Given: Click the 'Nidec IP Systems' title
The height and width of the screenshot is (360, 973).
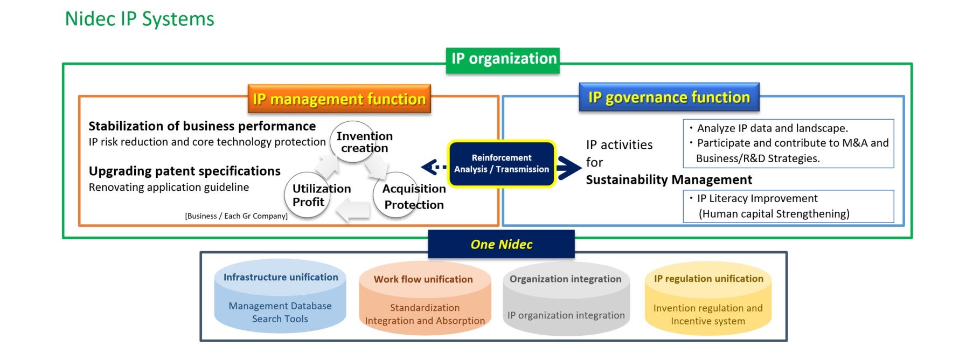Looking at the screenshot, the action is click(x=140, y=19).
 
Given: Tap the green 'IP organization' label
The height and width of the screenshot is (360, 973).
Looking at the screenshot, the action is click(x=503, y=60).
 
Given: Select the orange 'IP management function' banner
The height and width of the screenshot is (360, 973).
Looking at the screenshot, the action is click(x=339, y=99).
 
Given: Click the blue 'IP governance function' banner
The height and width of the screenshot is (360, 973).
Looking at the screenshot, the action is click(x=669, y=97).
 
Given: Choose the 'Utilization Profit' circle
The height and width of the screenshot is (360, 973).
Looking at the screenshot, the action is click(x=308, y=195).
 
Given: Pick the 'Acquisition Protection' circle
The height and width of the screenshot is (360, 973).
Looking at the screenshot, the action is click(x=397, y=195).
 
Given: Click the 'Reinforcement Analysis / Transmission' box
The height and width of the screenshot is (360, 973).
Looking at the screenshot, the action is click(x=502, y=164).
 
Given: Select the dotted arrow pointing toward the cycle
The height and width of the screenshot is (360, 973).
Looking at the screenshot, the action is click(x=434, y=168).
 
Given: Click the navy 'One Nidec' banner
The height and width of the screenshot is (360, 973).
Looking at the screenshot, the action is click(x=502, y=244).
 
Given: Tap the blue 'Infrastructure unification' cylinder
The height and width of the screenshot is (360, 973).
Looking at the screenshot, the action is click(x=280, y=296).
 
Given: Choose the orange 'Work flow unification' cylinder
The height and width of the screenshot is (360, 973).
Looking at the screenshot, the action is click(x=425, y=298).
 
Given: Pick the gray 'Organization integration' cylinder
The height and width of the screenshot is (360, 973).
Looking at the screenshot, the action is click(x=566, y=298).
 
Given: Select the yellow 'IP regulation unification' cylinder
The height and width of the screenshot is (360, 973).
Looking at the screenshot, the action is click(x=708, y=298).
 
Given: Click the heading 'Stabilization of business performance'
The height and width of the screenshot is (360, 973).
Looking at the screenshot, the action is click(x=202, y=126).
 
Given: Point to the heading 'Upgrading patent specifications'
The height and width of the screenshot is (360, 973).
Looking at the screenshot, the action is click(x=185, y=171).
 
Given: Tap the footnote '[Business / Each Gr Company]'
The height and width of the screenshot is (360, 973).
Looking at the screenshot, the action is click(x=236, y=216).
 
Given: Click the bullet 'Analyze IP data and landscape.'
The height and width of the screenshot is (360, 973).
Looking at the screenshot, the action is click(x=769, y=128).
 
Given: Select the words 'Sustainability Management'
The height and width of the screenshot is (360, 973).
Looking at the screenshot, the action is click(x=669, y=179).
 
